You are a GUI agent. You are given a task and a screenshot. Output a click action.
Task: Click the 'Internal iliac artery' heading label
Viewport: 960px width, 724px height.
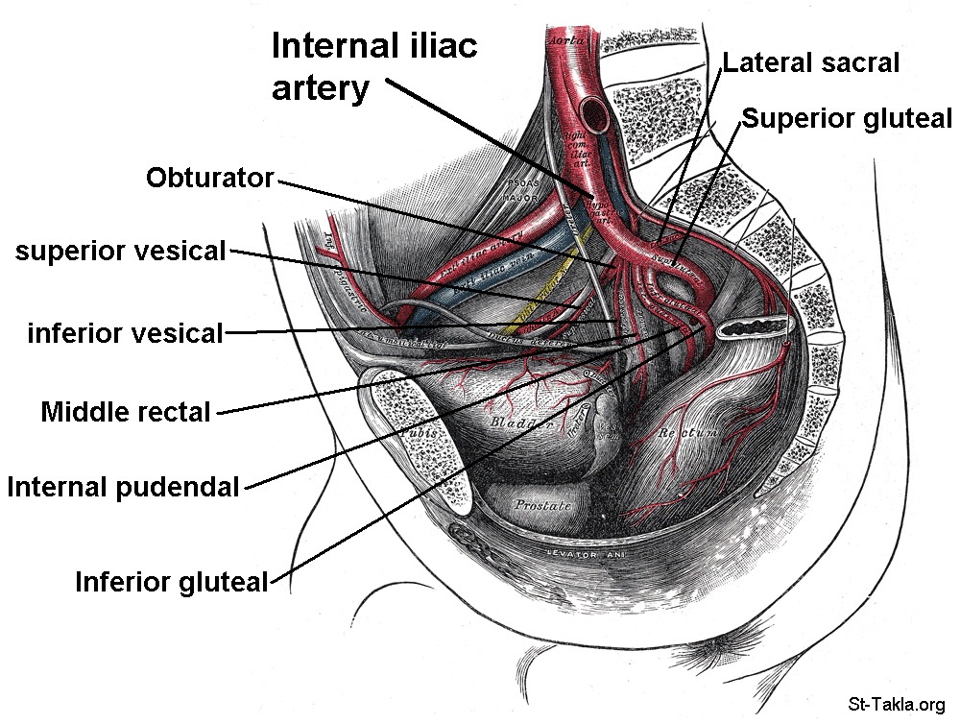point(373,66)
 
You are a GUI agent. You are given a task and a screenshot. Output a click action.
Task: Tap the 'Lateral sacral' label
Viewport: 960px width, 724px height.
point(810,63)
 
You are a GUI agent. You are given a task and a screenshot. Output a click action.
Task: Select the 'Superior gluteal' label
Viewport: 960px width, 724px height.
point(846,118)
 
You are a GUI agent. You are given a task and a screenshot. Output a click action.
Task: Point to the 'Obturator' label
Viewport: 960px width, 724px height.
point(209,178)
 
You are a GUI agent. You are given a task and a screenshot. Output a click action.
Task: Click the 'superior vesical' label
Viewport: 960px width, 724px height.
point(119,252)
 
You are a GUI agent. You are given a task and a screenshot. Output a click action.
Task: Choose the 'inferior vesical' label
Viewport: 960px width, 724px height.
point(125,333)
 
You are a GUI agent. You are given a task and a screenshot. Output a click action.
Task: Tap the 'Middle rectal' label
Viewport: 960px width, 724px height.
point(125,413)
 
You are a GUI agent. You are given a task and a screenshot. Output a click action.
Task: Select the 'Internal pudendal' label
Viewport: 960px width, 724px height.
point(122,488)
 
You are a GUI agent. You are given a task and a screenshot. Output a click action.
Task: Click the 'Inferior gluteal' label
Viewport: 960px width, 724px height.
point(171,582)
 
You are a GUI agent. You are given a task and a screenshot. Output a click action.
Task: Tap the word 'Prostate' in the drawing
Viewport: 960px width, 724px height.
point(542,504)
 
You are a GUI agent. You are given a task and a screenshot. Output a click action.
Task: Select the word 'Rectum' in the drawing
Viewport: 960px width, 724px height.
point(687,434)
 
